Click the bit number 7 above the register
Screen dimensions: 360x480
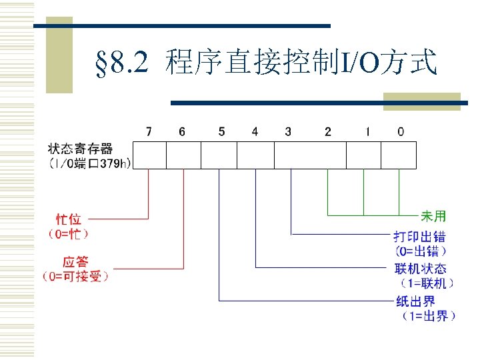coord(149,132)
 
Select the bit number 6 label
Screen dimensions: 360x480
coord(182,132)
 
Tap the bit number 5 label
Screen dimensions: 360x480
coord(221,132)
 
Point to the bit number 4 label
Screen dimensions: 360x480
coord(255,132)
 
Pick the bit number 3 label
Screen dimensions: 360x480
coord(288,132)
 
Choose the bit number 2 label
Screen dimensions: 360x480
coord(328,132)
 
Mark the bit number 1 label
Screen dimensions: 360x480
coord(367,132)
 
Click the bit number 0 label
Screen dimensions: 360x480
coord(400,132)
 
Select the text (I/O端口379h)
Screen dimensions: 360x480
coord(89,163)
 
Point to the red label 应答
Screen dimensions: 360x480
coord(75,261)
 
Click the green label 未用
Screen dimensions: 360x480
coord(433,216)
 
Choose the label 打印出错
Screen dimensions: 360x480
coord(420,237)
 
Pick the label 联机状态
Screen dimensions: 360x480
coord(421,269)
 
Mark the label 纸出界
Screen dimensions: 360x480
coord(415,301)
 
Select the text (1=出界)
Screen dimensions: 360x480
coord(427,315)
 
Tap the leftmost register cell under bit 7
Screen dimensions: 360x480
coord(149,155)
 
